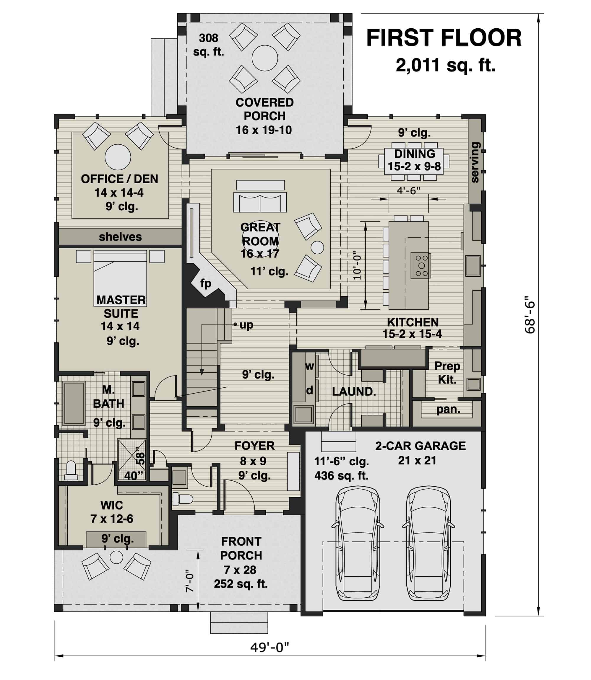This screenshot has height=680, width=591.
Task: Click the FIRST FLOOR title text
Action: pos(444,38)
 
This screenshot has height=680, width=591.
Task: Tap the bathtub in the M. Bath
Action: pos(74,403)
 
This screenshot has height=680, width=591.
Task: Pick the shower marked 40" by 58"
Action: pos(132,459)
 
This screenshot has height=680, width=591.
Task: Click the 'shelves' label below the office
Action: pos(120,237)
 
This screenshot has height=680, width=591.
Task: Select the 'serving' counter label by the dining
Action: pos(475,162)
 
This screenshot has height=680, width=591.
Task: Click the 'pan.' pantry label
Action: pos(448,409)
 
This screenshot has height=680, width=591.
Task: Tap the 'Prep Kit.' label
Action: pos(447,373)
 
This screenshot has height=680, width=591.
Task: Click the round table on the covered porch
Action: pos(264,58)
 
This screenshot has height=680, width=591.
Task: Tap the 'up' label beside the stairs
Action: pos(246,325)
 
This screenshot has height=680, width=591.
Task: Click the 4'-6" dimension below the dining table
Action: pos(408,190)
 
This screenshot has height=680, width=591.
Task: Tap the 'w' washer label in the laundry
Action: pos(309,366)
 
